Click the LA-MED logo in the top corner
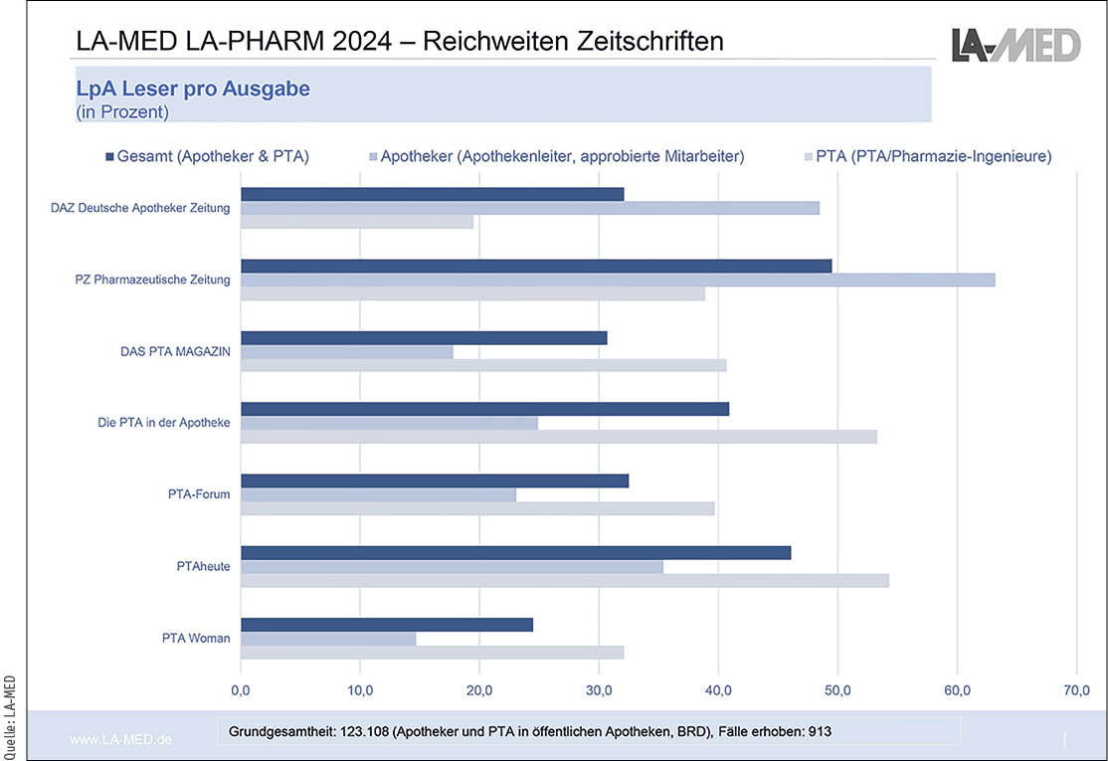click(x=1015, y=44)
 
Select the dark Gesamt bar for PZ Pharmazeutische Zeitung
click(x=535, y=266)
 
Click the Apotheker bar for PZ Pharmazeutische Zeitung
click(x=617, y=280)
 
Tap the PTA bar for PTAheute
click(x=564, y=581)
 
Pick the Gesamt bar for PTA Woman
click(x=386, y=625)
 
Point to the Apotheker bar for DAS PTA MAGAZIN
click(x=346, y=351)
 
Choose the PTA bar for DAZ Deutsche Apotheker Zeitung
click(x=356, y=222)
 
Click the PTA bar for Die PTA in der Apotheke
click(x=558, y=437)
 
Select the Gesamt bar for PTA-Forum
click(x=434, y=480)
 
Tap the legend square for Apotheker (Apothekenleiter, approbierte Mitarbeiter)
click(x=372, y=156)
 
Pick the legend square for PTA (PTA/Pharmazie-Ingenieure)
click(x=808, y=156)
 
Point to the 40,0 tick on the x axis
click(x=718, y=689)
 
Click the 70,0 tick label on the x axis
click(x=1076, y=689)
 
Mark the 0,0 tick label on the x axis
click(x=241, y=689)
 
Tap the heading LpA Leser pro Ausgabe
click(x=193, y=89)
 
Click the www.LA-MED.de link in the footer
click(x=120, y=740)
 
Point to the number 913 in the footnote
click(x=819, y=731)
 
